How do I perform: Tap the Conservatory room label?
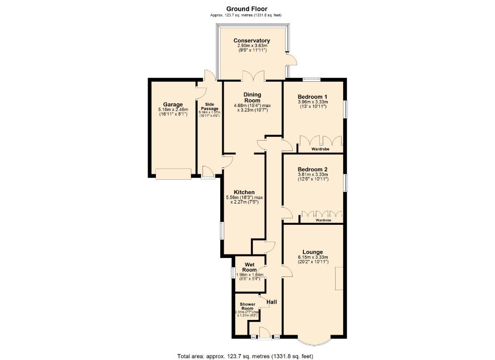252,41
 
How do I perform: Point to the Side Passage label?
209,107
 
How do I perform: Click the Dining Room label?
252,98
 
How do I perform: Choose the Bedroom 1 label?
312,97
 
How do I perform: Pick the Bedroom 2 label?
312,169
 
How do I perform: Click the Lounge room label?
312,252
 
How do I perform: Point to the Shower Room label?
247,306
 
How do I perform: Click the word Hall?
272,302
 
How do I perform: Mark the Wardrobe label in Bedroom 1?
320,149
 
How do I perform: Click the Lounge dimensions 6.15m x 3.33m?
312,257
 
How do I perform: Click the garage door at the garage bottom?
173,173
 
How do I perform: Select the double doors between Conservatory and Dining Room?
253,77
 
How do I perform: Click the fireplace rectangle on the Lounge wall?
339,278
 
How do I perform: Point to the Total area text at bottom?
245,356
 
